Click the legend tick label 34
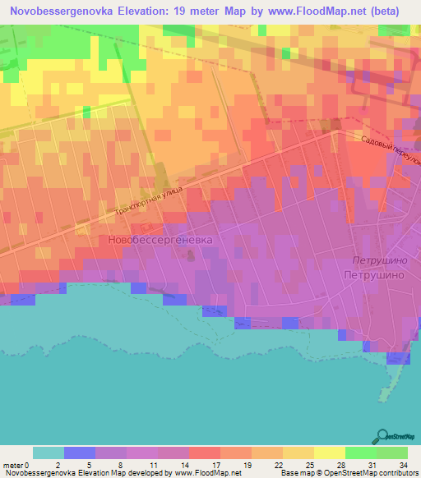point(404,465)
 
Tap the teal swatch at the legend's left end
point(49,453)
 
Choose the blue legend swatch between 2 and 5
point(80,453)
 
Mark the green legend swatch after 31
point(391,453)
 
